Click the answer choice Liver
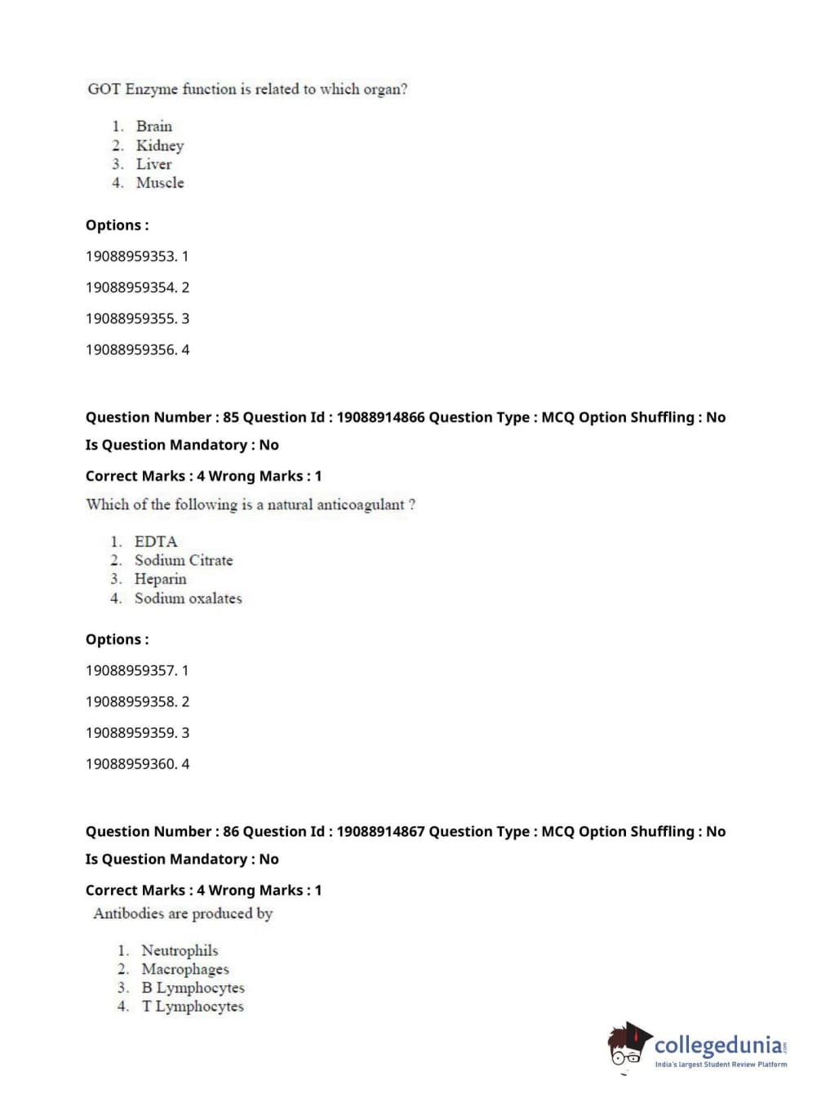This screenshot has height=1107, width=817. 153,164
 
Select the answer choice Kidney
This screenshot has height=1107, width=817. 160,145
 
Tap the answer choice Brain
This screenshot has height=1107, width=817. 154,127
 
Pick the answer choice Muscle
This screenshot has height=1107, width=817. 160,183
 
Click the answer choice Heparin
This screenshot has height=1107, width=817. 160,579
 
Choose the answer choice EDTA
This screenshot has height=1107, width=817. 156,541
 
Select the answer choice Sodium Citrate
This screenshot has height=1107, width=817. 184,560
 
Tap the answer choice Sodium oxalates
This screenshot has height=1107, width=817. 189,598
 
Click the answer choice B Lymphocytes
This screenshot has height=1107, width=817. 193,988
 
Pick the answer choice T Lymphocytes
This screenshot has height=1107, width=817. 193,1007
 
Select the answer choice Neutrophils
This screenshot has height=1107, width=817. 180,950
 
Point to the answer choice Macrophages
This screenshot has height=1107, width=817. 185,969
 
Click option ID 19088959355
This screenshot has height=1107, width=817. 137,318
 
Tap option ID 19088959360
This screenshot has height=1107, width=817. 137,764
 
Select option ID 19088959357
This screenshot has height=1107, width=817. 137,670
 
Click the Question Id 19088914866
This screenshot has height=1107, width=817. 380,417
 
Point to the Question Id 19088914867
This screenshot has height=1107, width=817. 380,831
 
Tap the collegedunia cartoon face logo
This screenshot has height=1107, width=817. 628,1045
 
